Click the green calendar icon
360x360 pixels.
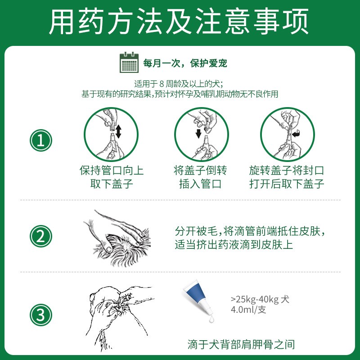click(129, 63)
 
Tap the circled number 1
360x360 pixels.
click(41, 140)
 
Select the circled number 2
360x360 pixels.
click(41, 236)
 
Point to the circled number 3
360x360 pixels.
click(41, 315)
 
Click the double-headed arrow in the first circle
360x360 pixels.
click(118, 131)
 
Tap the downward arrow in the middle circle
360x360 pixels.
click(198, 133)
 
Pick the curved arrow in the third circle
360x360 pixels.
click(296, 133)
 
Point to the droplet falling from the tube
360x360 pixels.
click(211, 319)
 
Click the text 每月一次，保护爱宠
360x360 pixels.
click(185, 63)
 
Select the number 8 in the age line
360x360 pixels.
click(162, 84)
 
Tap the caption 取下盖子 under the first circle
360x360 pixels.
click(112, 184)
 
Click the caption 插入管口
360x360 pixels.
click(200, 184)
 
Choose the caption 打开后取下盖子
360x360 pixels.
click(287, 184)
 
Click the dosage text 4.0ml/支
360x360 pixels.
click(248, 310)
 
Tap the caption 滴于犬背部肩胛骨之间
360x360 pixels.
click(241, 344)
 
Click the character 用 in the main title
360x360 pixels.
click(62, 22)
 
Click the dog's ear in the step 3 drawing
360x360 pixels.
click(93, 298)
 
